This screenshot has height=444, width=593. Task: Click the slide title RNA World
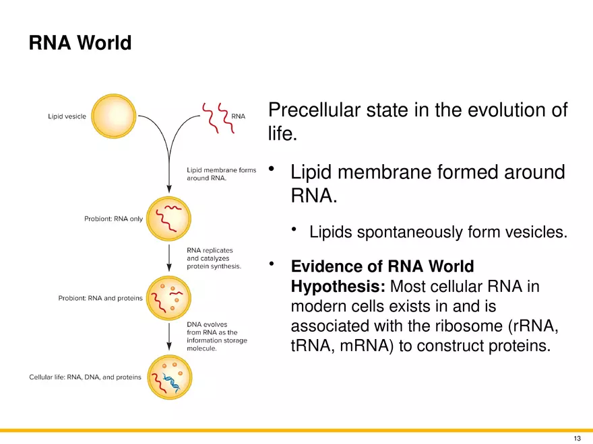coord(80,44)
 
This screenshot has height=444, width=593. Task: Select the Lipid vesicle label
coord(67,116)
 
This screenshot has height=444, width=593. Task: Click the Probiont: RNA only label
coord(113,219)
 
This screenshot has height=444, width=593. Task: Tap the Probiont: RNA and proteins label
coord(100,299)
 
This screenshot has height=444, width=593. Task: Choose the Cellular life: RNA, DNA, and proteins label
coord(85,377)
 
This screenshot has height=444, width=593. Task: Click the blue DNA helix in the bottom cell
coord(173,384)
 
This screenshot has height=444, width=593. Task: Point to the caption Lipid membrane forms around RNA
coord(221,174)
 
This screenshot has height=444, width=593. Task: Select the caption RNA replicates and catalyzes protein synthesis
coord(214,258)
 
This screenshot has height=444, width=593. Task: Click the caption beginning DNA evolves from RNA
coord(216,336)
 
